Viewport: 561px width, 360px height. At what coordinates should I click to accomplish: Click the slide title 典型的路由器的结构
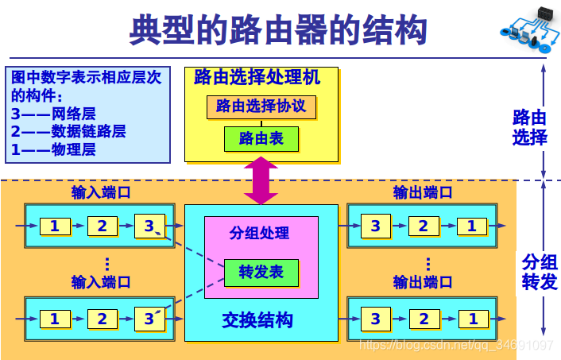click(x=277, y=30)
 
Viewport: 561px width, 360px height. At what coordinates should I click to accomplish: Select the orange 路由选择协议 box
click(x=261, y=106)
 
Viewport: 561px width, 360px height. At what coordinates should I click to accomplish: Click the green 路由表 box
click(x=261, y=139)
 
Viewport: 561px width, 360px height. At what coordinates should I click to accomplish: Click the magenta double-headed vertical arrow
click(x=261, y=180)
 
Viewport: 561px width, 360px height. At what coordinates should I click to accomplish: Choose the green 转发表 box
click(x=261, y=273)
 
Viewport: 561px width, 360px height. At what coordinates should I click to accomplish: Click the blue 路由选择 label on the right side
click(x=530, y=127)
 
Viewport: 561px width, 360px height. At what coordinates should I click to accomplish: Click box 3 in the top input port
click(x=149, y=226)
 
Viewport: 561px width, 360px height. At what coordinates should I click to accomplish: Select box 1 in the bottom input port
click(x=55, y=319)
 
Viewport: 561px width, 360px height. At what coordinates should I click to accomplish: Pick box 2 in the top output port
click(x=424, y=226)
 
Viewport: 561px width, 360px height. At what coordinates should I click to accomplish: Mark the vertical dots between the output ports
click(x=428, y=264)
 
